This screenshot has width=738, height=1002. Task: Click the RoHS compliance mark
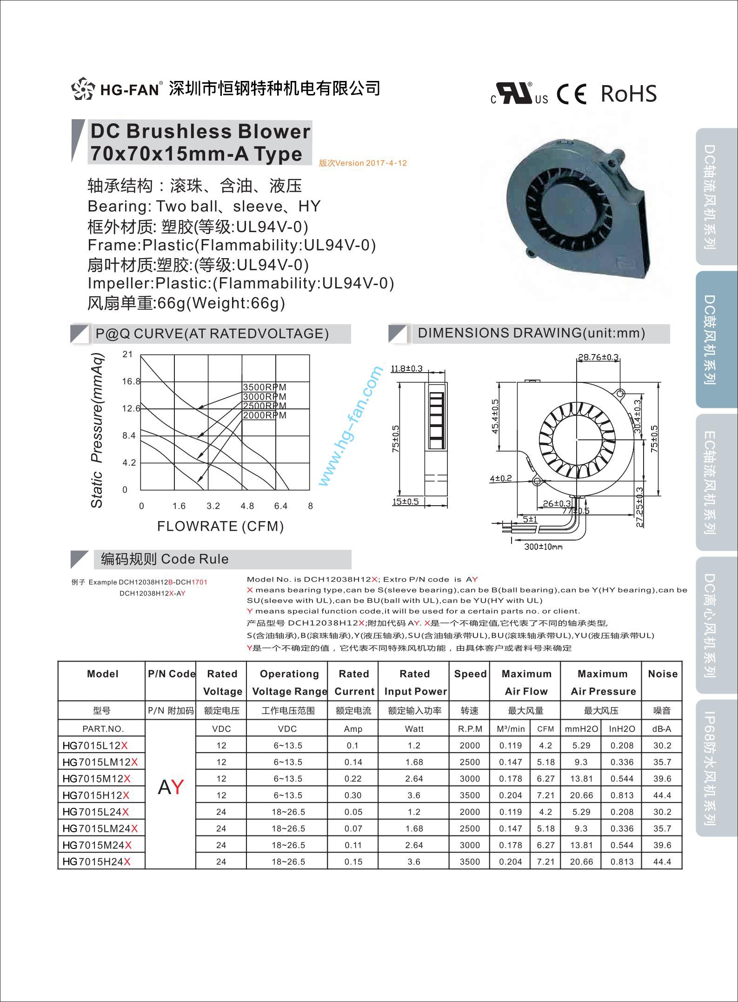click(x=628, y=94)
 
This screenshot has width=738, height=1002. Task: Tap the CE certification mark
click(x=572, y=94)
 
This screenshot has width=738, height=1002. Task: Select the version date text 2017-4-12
click(x=363, y=163)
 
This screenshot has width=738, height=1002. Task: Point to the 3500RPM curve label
click(x=264, y=387)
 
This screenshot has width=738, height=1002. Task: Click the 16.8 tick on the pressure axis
click(x=131, y=381)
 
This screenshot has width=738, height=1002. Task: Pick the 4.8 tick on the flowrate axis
click(x=247, y=506)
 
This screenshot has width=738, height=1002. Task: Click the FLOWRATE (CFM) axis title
click(x=220, y=526)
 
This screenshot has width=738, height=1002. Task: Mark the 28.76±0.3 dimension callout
click(x=598, y=357)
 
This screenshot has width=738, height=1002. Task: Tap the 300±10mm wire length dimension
click(x=543, y=547)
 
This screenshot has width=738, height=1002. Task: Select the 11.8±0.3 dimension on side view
click(x=406, y=369)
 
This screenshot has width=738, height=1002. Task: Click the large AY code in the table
click(x=171, y=787)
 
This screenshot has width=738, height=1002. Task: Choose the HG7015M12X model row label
click(x=96, y=779)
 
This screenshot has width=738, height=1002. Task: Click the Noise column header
click(x=662, y=674)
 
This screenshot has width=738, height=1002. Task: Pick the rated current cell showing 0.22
click(x=353, y=779)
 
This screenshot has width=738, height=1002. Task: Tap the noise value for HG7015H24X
click(x=662, y=862)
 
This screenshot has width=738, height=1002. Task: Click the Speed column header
click(x=470, y=674)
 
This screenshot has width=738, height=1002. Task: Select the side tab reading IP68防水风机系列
click(x=709, y=768)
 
